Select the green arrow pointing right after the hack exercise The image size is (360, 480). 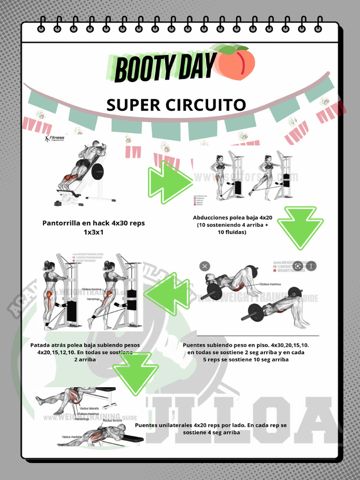click(170, 182)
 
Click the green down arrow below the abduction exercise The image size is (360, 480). click(300, 227)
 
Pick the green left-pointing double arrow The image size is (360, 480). click(167, 294)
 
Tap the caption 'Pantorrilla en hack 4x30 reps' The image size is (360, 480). click(93, 223)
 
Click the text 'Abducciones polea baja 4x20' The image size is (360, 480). click(232, 217)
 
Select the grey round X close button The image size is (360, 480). click(205, 266)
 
